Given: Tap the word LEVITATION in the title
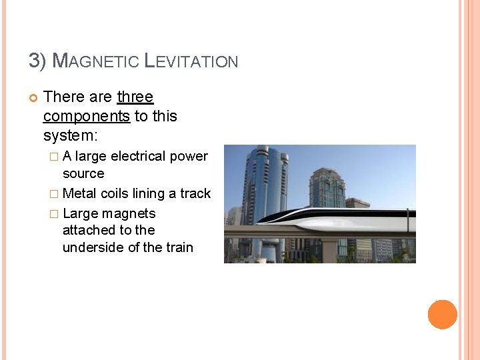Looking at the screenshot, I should click(x=191, y=61).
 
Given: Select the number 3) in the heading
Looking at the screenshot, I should click(x=37, y=61).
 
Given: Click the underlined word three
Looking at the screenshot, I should click(x=135, y=97).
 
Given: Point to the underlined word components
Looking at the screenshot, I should click(x=86, y=117).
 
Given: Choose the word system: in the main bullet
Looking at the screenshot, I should click(x=70, y=136).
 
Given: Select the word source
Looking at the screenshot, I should click(x=83, y=174).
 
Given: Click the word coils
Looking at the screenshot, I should click(x=116, y=194).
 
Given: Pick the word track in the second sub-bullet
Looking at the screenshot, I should click(x=195, y=194).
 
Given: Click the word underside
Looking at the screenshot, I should click(x=95, y=248).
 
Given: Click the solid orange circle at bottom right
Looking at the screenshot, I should click(x=442, y=315).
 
